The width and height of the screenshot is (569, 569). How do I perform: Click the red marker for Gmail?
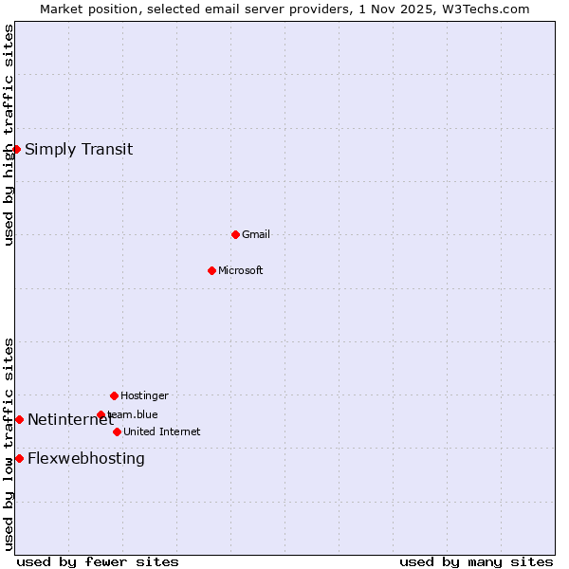pyautogui.click(x=235, y=234)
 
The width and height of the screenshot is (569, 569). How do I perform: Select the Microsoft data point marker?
pyautogui.click(x=211, y=270)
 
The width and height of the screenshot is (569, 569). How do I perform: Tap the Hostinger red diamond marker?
pyautogui.click(x=114, y=395)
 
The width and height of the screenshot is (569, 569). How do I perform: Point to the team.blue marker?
pyautogui.click(x=101, y=414)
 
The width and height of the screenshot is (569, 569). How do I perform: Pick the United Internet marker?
pyautogui.click(x=117, y=431)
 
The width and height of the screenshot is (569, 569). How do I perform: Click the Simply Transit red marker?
pyautogui.click(x=16, y=149)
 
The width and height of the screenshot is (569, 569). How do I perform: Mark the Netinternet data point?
pyautogui.click(x=19, y=419)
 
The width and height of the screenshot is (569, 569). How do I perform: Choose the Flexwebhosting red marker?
pyautogui.click(x=19, y=458)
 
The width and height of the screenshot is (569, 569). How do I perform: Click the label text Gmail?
pyautogui.click(x=256, y=234)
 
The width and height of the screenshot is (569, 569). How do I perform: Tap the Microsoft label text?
pyautogui.click(x=241, y=270)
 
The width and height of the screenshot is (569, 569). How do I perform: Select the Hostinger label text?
pyautogui.click(x=144, y=395)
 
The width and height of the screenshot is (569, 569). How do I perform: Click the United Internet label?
pyautogui.click(x=162, y=431)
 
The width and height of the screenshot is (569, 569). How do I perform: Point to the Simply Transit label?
pyautogui.click(x=79, y=149)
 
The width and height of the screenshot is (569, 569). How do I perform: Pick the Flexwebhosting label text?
pyautogui.click(x=86, y=459)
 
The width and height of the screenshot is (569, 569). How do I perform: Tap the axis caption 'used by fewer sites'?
pyautogui.click(x=98, y=562)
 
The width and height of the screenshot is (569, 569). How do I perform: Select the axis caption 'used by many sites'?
pyautogui.click(x=476, y=562)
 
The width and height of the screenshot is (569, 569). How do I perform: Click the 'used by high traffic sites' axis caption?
pyautogui.click(x=9, y=135)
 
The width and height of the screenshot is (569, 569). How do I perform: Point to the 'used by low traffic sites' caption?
pyautogui.click(x=9, y=444)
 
